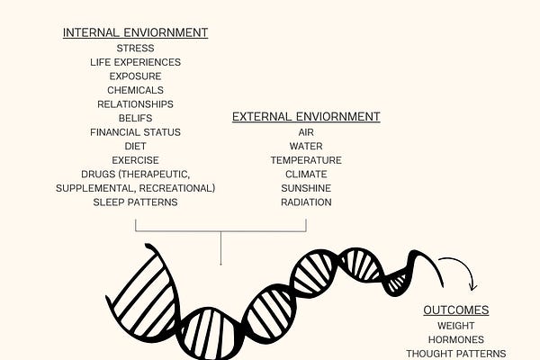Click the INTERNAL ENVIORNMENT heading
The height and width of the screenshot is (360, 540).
(135, 33)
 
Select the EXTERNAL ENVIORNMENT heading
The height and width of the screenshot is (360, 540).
(306, 117)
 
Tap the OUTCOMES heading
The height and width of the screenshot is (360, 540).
(456, 310)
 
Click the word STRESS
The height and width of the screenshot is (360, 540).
(135, 48)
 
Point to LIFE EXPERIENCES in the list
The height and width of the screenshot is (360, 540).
(135, 62)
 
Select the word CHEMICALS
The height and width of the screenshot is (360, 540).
(135, 90)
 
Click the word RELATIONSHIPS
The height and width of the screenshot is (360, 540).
(135, 104)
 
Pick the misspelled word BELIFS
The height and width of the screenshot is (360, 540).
(135, 118)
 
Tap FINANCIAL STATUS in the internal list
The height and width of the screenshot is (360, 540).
(135, 132)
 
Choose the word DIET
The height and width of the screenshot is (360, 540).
(135, 146)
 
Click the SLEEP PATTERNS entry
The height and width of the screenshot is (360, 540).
(135, 202)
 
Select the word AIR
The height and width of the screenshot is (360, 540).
(306, 132)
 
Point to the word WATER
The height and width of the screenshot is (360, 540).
(306, 146)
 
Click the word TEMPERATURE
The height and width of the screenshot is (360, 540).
(306, 160)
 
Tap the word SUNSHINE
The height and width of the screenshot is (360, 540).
(306, 188)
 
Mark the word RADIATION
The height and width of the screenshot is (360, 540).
(306, 202)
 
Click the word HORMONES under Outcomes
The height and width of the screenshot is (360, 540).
(456, 340)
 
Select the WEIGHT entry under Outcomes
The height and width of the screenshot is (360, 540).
(456, 326)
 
